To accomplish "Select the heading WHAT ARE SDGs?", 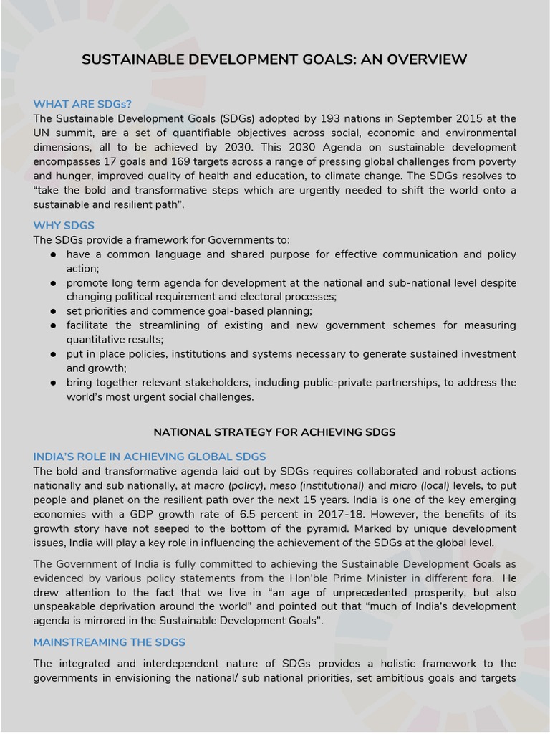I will point(82,104).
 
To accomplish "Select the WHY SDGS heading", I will point(64,225).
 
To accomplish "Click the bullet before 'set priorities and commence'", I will point(53,311).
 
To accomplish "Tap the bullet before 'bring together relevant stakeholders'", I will point(53,383).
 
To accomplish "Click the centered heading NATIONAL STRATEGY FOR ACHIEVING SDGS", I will point(274,432).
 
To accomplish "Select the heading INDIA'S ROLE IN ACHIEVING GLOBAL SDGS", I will point(150,457).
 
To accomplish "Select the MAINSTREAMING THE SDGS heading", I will point(110,642).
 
